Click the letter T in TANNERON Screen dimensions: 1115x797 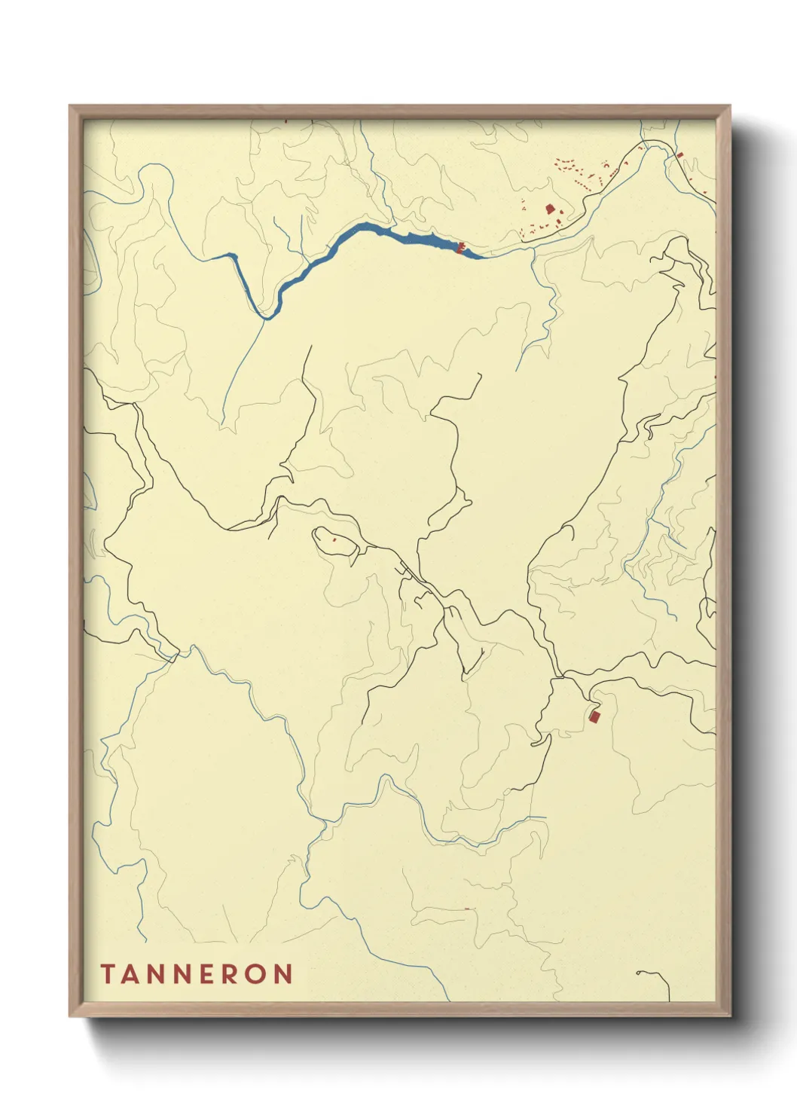click(107, 974)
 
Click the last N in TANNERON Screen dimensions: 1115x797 click(283, 974)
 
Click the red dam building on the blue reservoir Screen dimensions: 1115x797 click(460, 247)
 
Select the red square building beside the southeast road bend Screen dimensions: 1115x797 click(594, 716)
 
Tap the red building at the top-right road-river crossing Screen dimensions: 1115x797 click(679, 155)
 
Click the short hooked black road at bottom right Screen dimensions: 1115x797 click(654, 977)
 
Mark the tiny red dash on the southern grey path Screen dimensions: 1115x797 click(466, 909)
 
